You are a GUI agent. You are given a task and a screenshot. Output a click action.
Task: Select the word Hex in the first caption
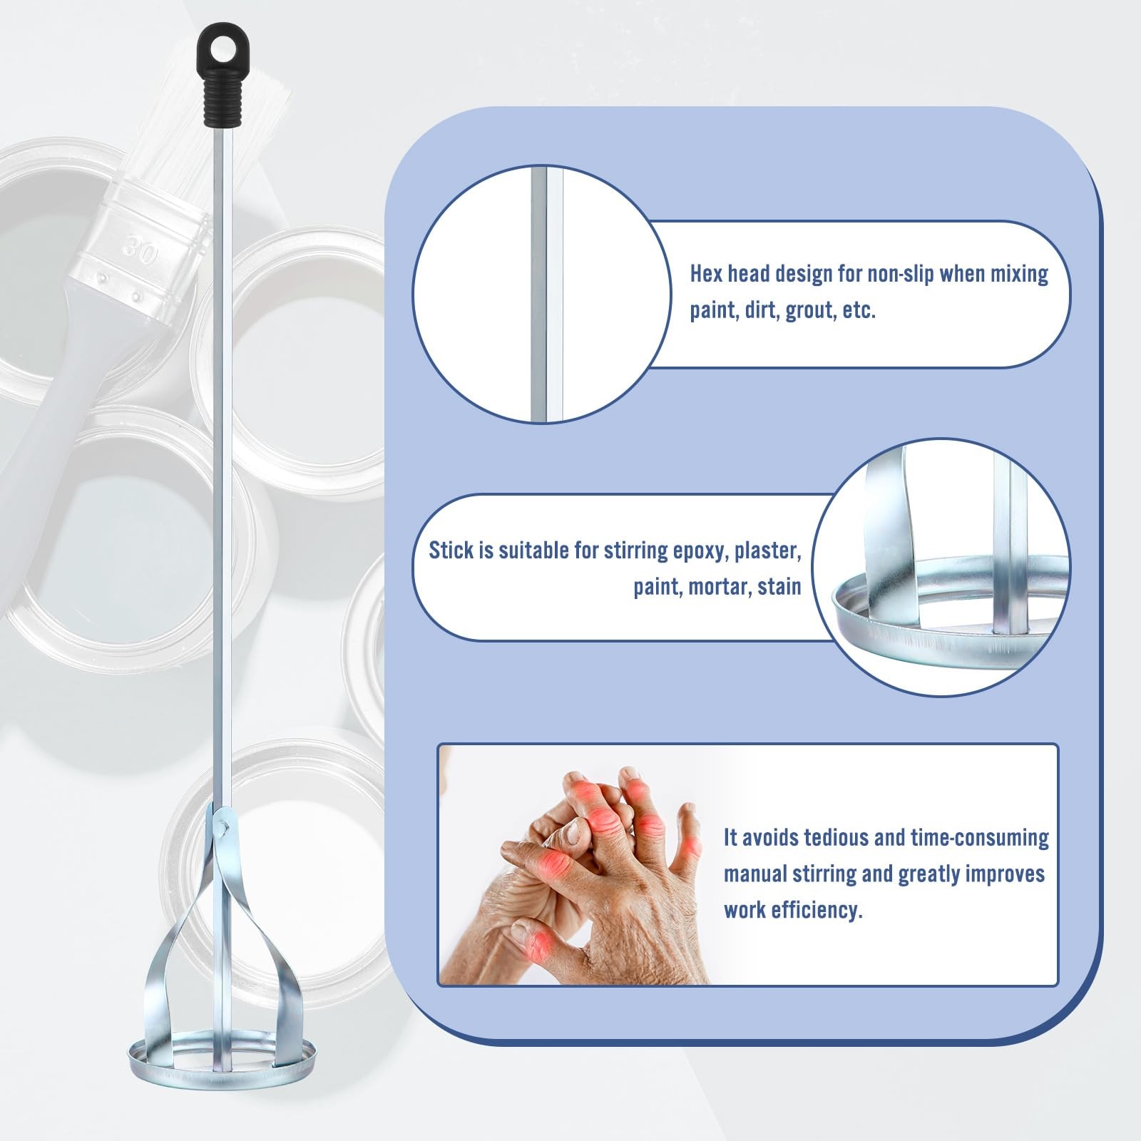click(x=706, y=274)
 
